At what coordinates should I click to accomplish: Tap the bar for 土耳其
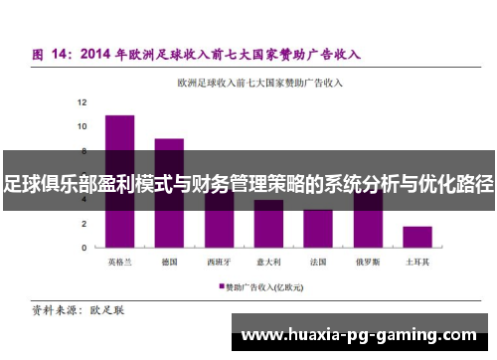pyautogui.click(x=417, y=237)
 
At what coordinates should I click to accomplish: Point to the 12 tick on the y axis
pyautogui.click(x=83, y=102)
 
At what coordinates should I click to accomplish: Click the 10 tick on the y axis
pyautogui.click(x=83, y=126)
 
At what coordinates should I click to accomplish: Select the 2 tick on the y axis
pyautogui.click(x=85, y=224)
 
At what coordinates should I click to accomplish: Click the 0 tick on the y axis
pyautogui.click(x=85, y=248)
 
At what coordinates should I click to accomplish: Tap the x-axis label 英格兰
pyautogui.click(x=119, y=263)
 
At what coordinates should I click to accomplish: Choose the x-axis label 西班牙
pyautogui.click(x=219, y=263)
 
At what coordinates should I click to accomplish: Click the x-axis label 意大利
pyautogui.click(x=268, y=263)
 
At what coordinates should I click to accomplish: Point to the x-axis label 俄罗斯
pyautogui.click(x=368, y=263)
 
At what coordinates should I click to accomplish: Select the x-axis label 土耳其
pyautogui.click(x=417, y=263)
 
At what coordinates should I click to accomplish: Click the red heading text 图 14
pyautogui.click(x=50, y=53)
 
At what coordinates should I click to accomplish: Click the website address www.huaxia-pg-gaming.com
pyautogui.click(x=359, y=335)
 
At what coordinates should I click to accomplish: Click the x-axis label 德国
pyautogui.click(x=169, y=263)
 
